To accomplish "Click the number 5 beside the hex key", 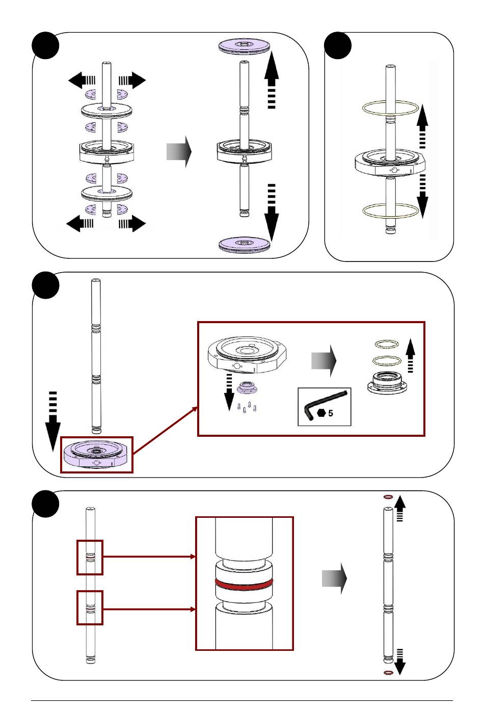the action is click(x=331, y=413).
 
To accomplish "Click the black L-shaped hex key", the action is click(x=324, y=404).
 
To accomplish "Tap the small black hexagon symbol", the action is click(x=321, y=413).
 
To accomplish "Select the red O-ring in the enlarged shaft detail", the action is click(x=244, y=584).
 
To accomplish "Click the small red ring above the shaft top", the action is click(x=388, y=496).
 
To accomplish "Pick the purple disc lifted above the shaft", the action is click(x=244, y=47).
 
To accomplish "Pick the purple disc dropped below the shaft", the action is click(x=244, y=245).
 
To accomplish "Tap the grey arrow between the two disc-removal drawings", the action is click(x=179, y=151).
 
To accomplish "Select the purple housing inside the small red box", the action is click(x=96, y=455).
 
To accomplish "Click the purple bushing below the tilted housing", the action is click(x=247, y=388).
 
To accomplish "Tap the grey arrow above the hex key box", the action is click(x=324, y=361).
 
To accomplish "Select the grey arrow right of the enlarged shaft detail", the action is click(x=334, y=578).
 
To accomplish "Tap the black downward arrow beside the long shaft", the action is click(x=53, y=421).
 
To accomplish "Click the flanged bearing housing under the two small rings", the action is click(x=387, y=383).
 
